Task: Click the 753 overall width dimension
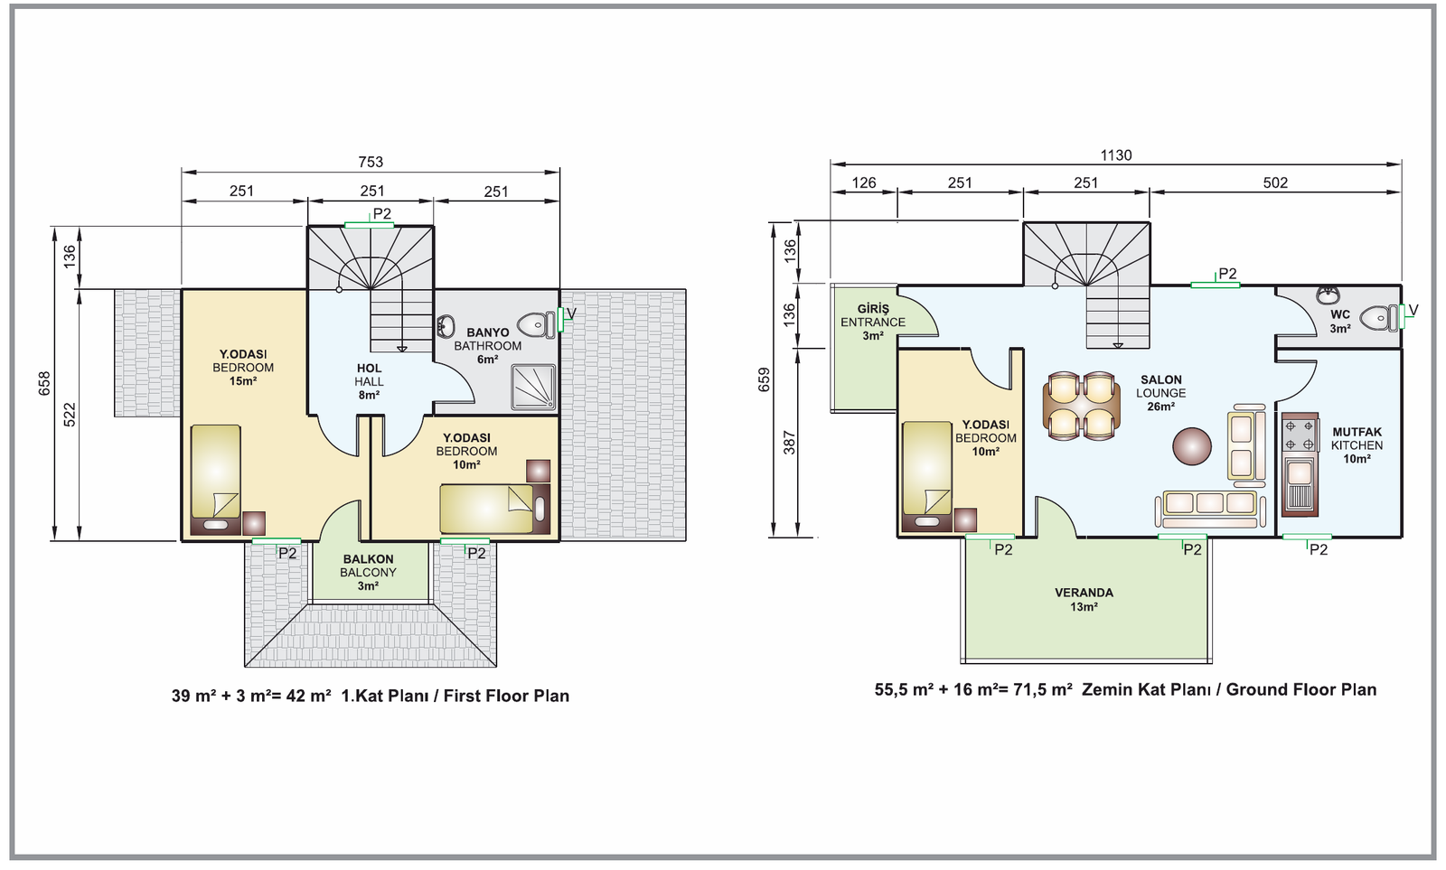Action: click(x=371, y=162)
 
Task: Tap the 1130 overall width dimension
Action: click(x=1116, y=155)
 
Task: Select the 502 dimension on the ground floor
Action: click(x=1275, y=183)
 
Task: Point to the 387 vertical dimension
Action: click(x=788, y=442)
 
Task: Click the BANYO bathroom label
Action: click(x=487, y=346)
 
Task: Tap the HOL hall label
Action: click(x=369, y=381)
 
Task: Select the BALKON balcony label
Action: click(x=368, y=573)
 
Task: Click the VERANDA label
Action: click(x=1084, y=600)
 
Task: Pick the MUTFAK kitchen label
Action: click(x=1357, y=445)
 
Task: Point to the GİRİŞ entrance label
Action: click(x=873, y=322)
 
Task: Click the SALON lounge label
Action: click(x=1160, y=393)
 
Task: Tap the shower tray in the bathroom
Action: click(x=534, y=388)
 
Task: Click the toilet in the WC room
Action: click(x=1378, y=318)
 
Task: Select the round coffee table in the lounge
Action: click(x=1192, y=446)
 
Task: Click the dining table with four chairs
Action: click(x=1081, y=406)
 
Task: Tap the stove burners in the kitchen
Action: click(x=1300, y=435)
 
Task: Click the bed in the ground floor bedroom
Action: click(x=927, y=476)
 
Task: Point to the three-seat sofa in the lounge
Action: click(x=1210, y=510)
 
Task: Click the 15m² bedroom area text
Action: click(x=243, y=381)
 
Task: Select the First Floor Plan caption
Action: click(x=455, y=696)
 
